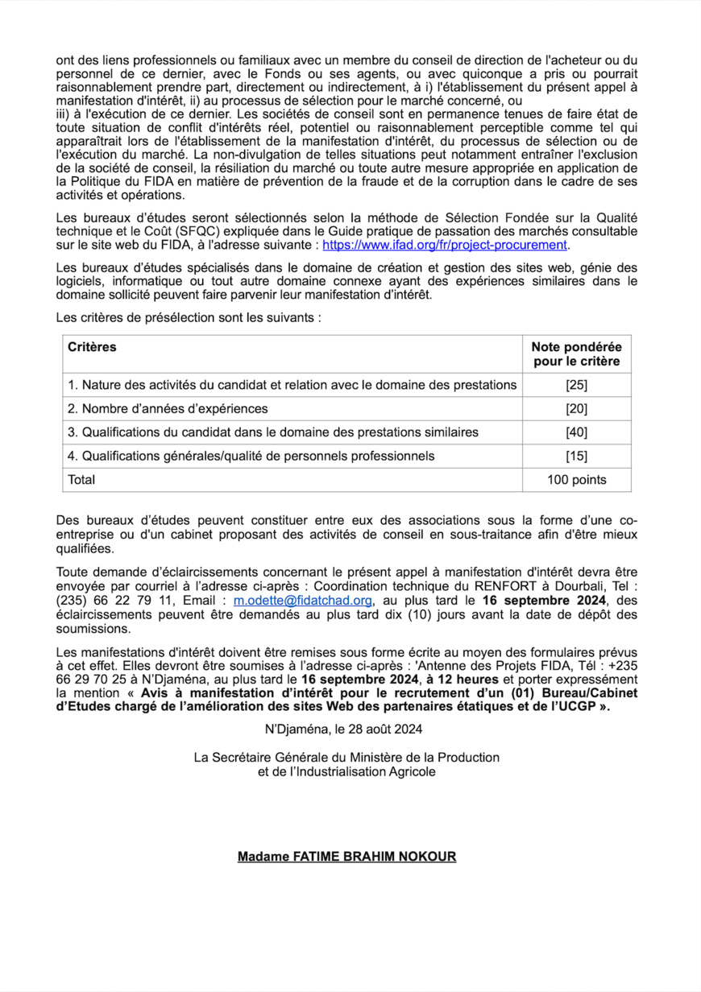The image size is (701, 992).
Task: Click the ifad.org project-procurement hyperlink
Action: pos(446,246)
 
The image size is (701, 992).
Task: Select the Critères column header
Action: pos(92,347)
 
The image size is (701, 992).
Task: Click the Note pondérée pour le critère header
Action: pos(576,354)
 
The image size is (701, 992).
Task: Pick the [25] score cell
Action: pos(576,385)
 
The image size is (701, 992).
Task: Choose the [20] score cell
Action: pos(576,408)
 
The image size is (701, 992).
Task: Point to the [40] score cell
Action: pos(576,432)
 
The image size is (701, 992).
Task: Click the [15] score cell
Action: pos(576,457)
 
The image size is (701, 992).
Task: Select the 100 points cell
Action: pos(576,480)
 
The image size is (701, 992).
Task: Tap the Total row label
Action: pos(81,480)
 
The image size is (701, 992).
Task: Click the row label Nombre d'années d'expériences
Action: pos(168,408)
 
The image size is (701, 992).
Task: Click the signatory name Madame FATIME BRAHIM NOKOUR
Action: pos(346,857)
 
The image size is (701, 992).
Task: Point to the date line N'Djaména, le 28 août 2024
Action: pos(343,730)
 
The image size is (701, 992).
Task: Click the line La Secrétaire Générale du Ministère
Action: pos(346,758)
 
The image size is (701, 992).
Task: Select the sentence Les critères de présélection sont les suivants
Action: pos(189,318)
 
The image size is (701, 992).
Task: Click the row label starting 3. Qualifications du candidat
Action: pos(273,432)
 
